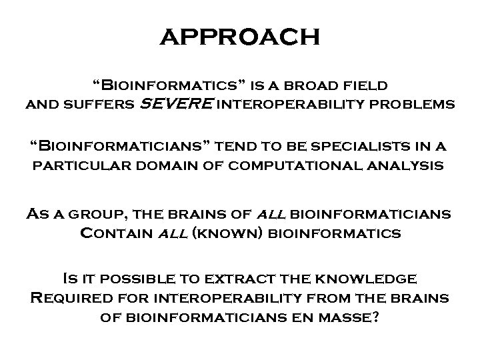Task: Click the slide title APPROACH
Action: click(x=240, y=37)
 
